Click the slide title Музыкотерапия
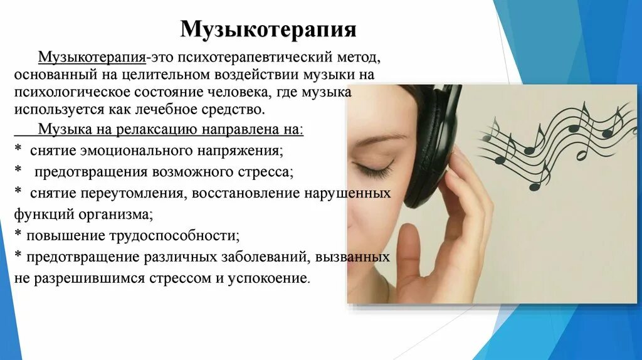(268, 29)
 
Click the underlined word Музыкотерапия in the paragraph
(92, 58)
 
